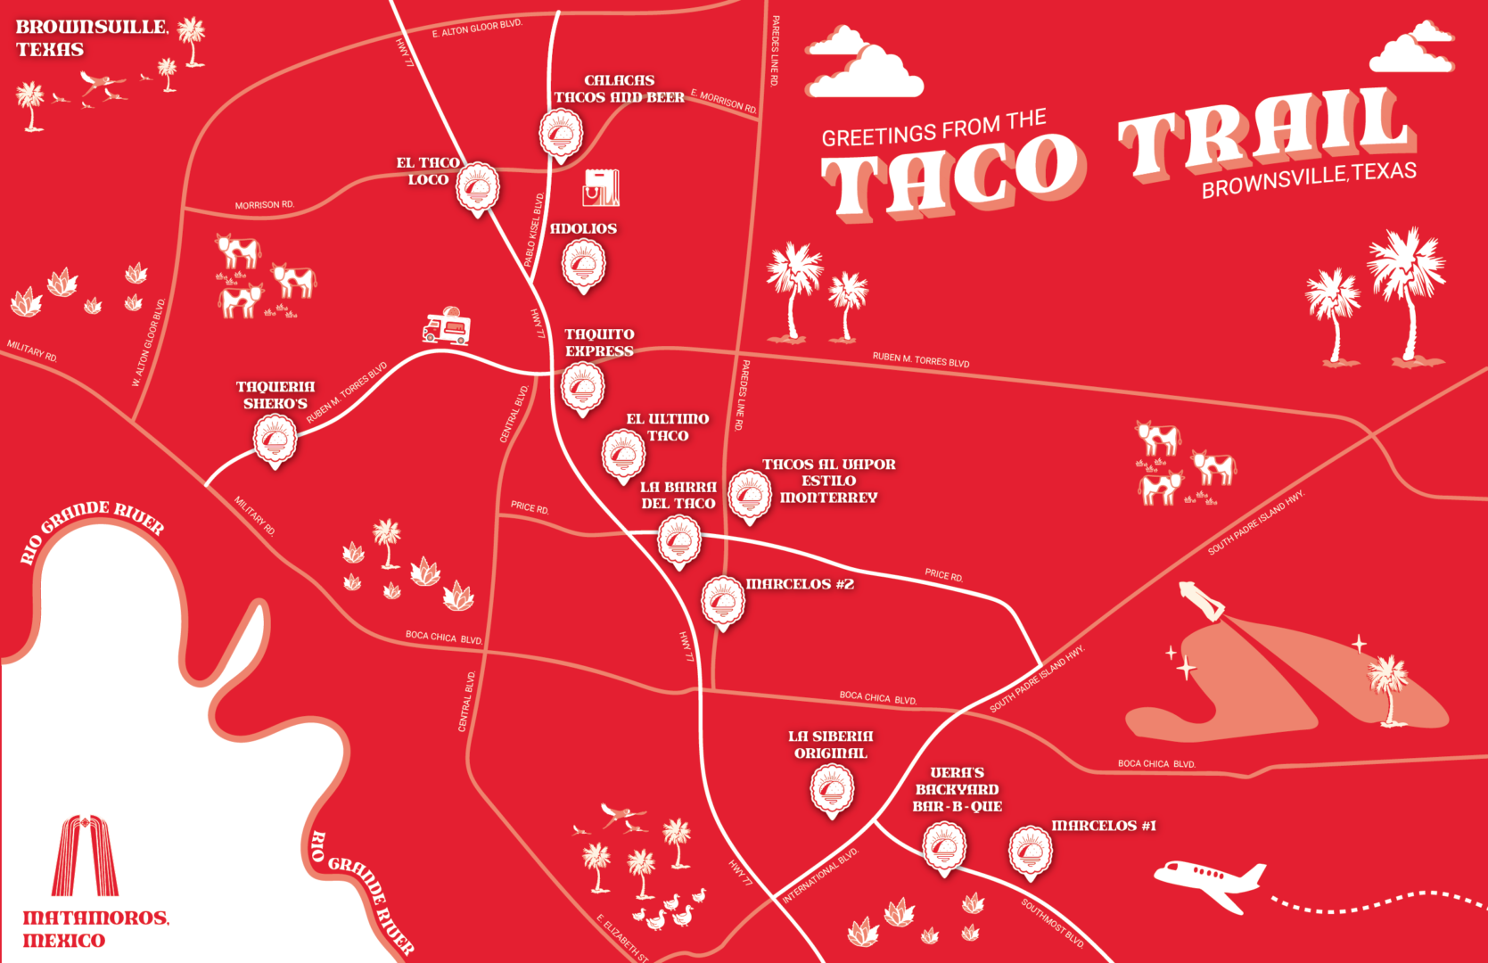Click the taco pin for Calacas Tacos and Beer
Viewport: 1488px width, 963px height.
click(561, 135)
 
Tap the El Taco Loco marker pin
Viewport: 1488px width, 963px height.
click(478, 188)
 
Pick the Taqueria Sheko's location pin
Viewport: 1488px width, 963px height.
click(275, 440)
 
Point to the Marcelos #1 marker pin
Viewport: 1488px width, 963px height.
click(1030, 852)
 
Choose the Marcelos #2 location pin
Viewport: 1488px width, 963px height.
click(723, 602)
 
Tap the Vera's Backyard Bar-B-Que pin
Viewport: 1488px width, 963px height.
click(943, 847)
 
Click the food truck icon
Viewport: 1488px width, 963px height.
click(447, 327)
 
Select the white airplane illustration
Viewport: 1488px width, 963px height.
click(1211, 881)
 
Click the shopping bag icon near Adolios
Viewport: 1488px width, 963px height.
click(601, 187)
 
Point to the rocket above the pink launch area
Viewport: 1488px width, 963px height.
click(1203, 601)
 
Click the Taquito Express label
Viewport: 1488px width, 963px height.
click(599, 342)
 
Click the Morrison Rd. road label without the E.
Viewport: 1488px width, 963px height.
click(264, 205)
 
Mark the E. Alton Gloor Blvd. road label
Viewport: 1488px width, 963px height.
click(477, 29)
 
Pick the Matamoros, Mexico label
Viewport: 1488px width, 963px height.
click(95, 928)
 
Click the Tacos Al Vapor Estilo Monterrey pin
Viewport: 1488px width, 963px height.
click(750, 495)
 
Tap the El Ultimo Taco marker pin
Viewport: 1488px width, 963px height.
click(623, 455)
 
